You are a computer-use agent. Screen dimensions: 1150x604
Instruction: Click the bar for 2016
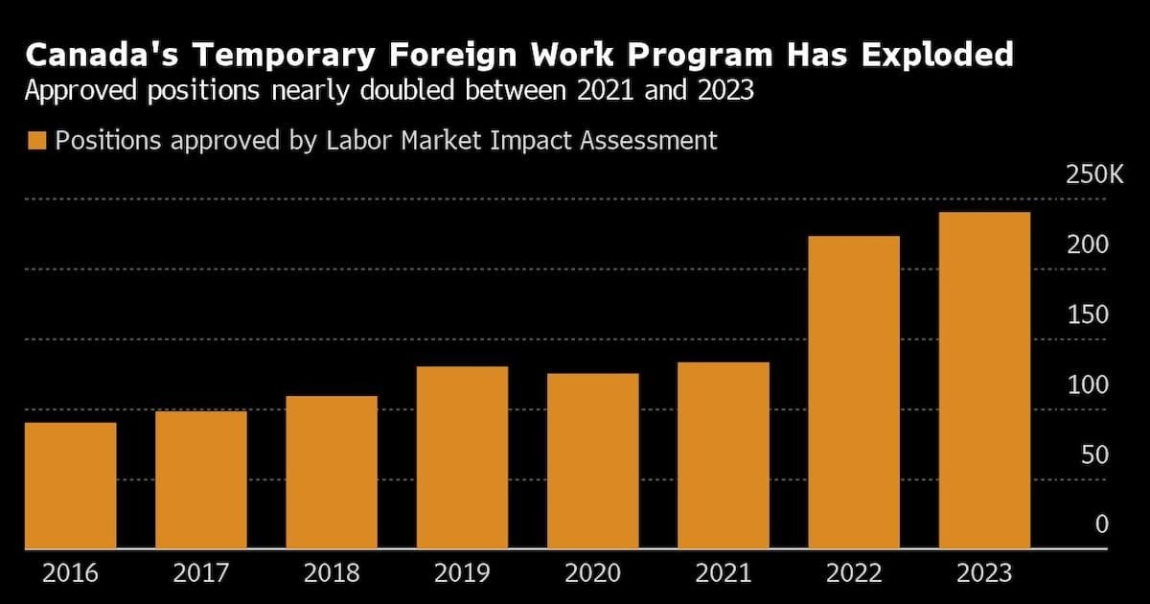point(70,485)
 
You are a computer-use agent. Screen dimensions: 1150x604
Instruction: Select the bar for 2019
point(462,457)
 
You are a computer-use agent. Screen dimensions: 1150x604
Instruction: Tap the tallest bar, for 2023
point(985,380)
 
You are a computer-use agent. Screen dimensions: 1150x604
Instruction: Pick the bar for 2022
point(854,392)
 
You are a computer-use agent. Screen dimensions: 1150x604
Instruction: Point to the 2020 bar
point(593,461)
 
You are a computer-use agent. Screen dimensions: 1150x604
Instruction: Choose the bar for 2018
point(332,472)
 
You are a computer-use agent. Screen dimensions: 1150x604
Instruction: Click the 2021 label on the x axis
point(724,573)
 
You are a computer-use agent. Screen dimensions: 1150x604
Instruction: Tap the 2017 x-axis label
point(200,573)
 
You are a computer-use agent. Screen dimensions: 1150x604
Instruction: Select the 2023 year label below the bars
point(985,573)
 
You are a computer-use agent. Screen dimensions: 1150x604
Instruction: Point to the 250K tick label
point(1094,174)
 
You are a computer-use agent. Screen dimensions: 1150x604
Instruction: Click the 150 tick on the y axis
point(1088,314)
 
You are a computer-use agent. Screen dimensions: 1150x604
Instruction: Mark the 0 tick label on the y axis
point(1102,523)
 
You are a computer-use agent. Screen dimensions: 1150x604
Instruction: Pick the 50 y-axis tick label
point(1094,454)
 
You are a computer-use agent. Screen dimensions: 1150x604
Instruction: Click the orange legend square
point(37,140)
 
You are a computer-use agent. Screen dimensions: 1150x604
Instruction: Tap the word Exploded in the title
point(937,55)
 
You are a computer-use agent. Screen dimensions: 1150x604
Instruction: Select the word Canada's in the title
point(102,55)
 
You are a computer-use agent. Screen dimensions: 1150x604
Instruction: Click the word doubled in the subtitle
point(407,90)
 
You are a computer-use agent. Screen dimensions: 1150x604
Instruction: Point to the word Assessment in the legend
point(649,140)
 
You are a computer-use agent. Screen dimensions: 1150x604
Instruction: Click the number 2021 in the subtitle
point(605,90)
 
